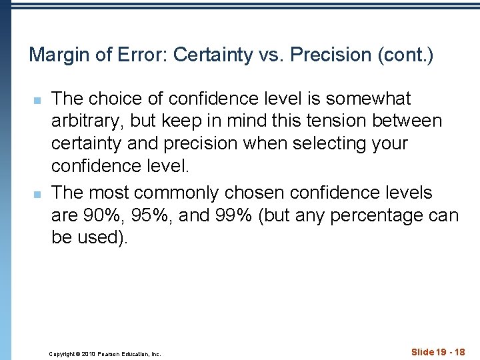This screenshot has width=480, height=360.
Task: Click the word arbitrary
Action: click(x=89, y=121)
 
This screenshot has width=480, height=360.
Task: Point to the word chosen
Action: click(x=260, y=193)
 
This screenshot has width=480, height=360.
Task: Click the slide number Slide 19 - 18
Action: click(x=438, y=352)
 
